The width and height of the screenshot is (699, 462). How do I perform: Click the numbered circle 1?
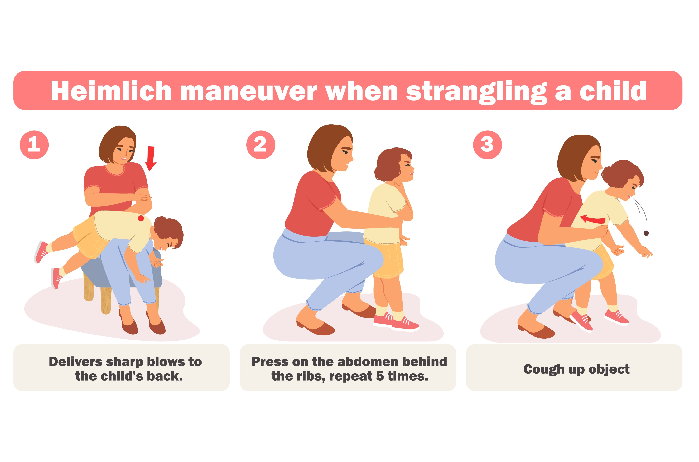pyautogui.click(x=34, y=145)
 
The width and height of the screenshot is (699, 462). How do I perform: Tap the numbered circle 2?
pyautogui.click(x=261, y=145)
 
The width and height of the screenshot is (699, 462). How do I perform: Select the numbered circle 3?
pyautogui.click(x=487, y=145)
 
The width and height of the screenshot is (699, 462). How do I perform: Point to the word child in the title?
pyautogui.click(x=613, y=90)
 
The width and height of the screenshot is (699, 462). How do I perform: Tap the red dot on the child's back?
pyautogui.click(x=141, y=218)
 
